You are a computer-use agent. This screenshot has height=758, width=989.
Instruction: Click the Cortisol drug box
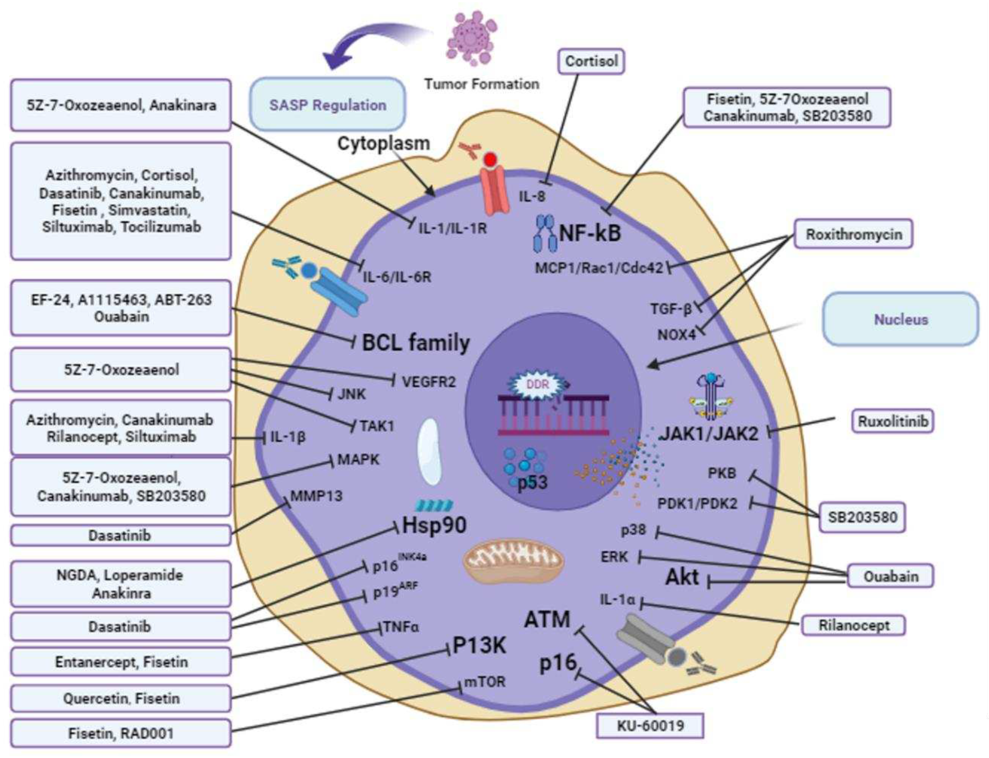pyautogui.click(x=591, y=61)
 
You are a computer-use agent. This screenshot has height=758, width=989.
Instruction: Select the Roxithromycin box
pyautogui.click(x=853, y=234)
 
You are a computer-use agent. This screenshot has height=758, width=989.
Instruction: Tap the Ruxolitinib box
pyautogui.click(x=893, y=421)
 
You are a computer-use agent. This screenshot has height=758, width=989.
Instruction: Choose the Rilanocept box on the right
pyautogui.click(x=853, y=625)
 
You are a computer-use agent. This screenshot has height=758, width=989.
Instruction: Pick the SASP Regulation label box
pyautogui.click(x=328, y=105)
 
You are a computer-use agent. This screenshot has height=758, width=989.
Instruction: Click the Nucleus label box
pyautogui.click(x=901, y=319)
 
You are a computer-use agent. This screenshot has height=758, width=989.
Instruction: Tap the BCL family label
pyautogui.click(x=416, y=343)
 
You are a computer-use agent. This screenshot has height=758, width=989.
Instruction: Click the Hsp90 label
pyautogui.click(x=434, y=525)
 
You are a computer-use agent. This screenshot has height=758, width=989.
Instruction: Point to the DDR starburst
pyautogui.click(x=537, y=385)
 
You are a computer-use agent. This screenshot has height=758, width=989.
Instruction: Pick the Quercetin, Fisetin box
pyautogui.click(x=121, y=698)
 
